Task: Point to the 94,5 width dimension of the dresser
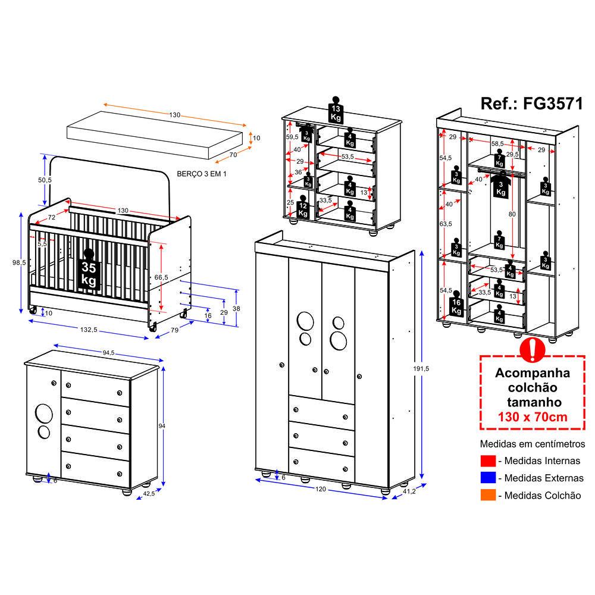pyautogui.click(x=108, y=352)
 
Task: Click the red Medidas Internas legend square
pyautogui.click(x=488, y=461)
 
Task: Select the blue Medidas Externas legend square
pyautogui.click(x=488, y=478)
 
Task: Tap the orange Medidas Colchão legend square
pyautogui.click(x=488, y=495)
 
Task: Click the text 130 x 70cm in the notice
pyautogui.click(x=533, y=416)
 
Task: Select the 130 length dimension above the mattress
pyautogui.click(x=174, y=115)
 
